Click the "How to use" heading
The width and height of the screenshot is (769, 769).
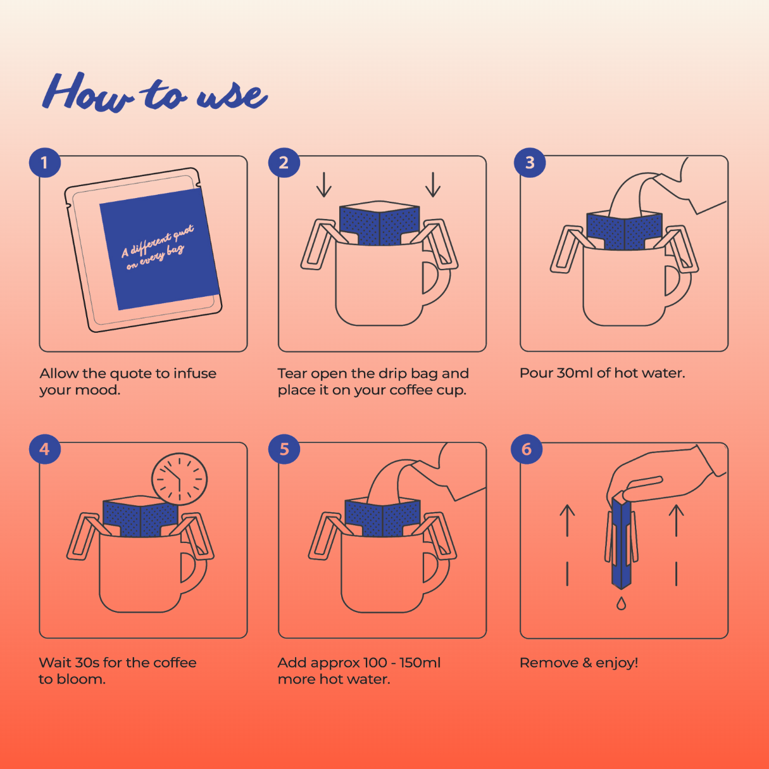point(155,92)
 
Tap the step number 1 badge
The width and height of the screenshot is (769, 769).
point(45,163)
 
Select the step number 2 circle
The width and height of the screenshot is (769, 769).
point(284,163)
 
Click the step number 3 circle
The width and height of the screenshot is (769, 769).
point(530,163)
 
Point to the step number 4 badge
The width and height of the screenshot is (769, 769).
point(45,449)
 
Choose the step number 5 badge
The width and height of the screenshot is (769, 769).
point(284,449)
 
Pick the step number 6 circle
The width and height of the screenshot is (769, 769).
point(527,449)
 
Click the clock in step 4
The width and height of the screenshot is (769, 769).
point(179,479)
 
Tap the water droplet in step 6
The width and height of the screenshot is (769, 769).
point(620,603)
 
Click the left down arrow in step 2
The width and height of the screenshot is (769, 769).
point(323,185)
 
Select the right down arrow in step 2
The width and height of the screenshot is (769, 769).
point(432,185)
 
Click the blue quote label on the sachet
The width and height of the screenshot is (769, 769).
point(159,249)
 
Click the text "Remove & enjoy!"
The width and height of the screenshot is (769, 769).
point(578,663)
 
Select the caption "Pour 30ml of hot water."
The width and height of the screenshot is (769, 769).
point(602,373)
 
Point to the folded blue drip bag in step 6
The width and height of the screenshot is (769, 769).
point(621,541)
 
